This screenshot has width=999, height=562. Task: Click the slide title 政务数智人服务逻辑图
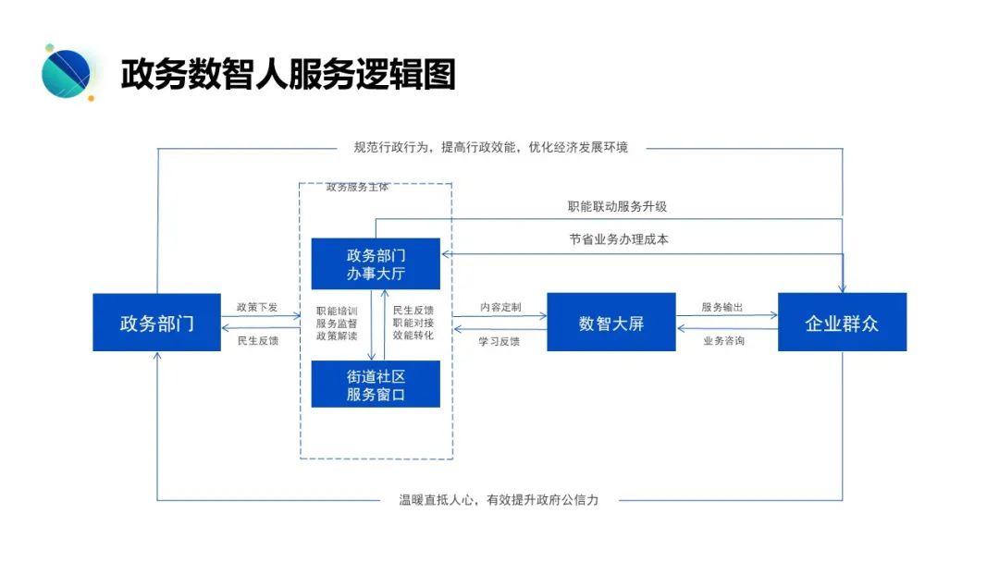288,74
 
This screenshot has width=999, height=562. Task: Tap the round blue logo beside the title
67,72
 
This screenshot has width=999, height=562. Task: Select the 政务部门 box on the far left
156,323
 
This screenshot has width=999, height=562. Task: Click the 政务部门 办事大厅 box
376,264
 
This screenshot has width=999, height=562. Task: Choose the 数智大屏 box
610,323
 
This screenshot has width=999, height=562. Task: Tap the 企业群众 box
842,323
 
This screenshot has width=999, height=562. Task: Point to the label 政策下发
257,306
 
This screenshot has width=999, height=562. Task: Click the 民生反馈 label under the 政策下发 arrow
257,340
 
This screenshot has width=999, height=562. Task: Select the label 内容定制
499,306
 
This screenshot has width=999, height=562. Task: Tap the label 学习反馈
499,340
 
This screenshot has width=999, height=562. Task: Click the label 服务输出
722,306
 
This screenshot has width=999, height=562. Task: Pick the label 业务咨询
723,340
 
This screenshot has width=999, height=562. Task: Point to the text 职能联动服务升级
617,206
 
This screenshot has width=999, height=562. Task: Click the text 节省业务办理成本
618,238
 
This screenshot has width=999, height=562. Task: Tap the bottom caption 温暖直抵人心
499,500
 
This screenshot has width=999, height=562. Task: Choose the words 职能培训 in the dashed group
334,311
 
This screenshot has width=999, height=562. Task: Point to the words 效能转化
413,335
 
